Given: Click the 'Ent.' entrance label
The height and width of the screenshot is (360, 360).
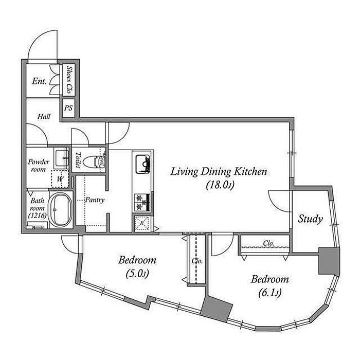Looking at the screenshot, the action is pyautogui.click(x=39, y=81).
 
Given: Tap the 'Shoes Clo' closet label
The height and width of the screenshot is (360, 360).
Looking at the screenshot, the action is pyautogui.click(x=69, y=79).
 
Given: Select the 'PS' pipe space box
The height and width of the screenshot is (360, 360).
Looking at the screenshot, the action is pyautogui.click(x=68, y=108).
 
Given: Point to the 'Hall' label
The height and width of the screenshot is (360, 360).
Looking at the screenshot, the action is pyautogui.click(x=44, y=116).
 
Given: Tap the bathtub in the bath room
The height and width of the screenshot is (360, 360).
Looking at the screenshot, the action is pyautogui.click(x=61, y=209).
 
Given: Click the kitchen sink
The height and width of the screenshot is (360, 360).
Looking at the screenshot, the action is pyautogui.click(x=142, y=164).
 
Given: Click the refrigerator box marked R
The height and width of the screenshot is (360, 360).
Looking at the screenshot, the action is pyautogui.click(x=142, y=223).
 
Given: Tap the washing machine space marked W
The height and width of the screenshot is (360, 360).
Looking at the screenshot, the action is pyautogui.click(x=60, y=179).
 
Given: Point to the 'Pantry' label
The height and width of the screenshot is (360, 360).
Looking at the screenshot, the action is pyautogui.click(x=95, y=200).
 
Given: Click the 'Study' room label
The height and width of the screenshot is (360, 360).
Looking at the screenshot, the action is pyautogui.click(x=310, y=219).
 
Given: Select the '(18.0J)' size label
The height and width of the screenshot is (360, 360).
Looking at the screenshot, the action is pyautogui.click(x=220, y=185).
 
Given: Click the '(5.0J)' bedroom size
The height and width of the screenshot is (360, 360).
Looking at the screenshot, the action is pyautogui.click(x=137, y=274).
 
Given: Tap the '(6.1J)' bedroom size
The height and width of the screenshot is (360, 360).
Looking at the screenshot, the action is pyautogui.click(x=270, y=293).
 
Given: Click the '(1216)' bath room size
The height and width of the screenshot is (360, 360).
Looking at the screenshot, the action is pyautogui.click(x=38, y=215).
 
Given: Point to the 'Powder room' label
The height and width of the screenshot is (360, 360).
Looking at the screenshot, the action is pyautogui.click(x=39, y=166).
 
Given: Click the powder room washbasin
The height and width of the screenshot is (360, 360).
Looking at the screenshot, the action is pyautogui.click(x=61, y=158).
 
